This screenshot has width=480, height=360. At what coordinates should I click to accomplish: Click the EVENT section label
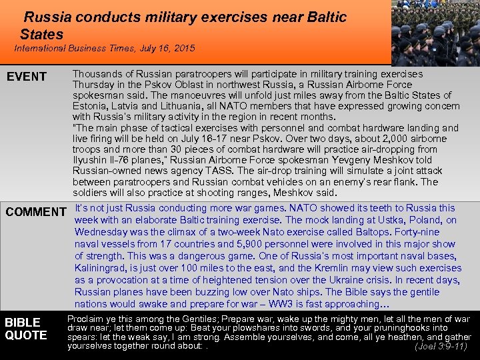27,77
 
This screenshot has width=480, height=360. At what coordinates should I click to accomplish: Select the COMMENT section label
36,212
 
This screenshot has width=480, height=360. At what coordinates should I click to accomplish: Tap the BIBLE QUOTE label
26,329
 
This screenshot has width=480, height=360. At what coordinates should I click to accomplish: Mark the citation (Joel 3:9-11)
442,346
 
